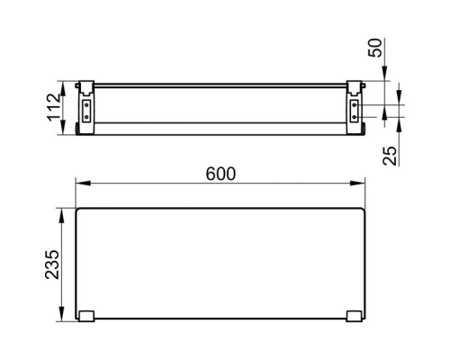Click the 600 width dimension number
click(220, 174)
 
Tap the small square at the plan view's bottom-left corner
click(85, 316)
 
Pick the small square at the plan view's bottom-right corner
click(354, 316)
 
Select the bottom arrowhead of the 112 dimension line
click(62, 131)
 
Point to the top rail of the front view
click(220, 85)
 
